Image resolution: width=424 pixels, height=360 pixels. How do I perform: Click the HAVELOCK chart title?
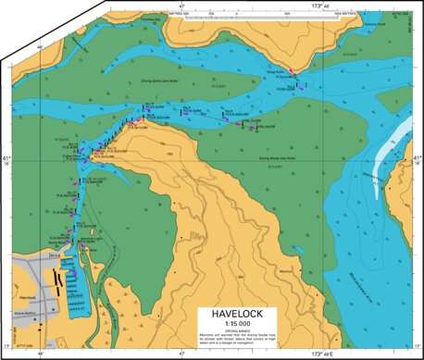click(246, 314)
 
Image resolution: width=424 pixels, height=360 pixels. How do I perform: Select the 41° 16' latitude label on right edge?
click(417, 162)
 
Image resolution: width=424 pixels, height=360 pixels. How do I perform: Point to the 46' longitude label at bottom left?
click(42, 354)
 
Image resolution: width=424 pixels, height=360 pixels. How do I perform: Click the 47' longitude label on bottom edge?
click(181, 354)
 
